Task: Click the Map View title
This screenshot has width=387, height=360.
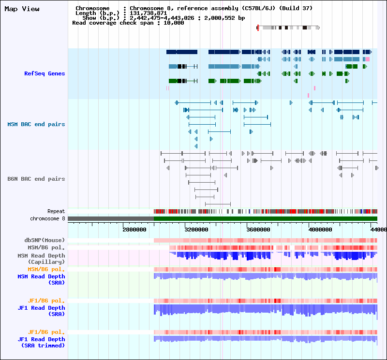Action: coord(22,9)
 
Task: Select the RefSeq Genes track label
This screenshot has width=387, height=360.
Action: coord(45,73)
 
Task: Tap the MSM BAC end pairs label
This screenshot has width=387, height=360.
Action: coord(36,124)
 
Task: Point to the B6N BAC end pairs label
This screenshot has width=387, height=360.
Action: coord(36,179)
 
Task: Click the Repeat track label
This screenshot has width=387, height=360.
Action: coord(56,211)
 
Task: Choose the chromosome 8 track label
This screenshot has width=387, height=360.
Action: coord(47,219)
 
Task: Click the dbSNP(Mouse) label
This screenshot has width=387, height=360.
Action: coord(45,240)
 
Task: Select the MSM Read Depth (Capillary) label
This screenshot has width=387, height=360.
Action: coord(41,259)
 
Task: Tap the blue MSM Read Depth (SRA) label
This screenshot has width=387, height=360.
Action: coord(41,280)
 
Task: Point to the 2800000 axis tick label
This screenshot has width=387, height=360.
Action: coord(134,230)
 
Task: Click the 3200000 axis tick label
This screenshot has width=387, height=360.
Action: coord(196,230)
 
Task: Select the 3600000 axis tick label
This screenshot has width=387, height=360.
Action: coord(258,230)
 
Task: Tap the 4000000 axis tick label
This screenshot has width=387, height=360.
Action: coord(320,230)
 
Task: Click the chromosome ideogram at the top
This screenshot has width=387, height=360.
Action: coord(288,28)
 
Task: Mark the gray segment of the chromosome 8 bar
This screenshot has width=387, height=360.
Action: coord(111,219)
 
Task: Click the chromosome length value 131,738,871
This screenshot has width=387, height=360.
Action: coord(149,13)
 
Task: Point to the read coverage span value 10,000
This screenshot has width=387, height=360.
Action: coord(174,23)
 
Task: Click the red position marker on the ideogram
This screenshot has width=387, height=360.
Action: coord(258,28)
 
